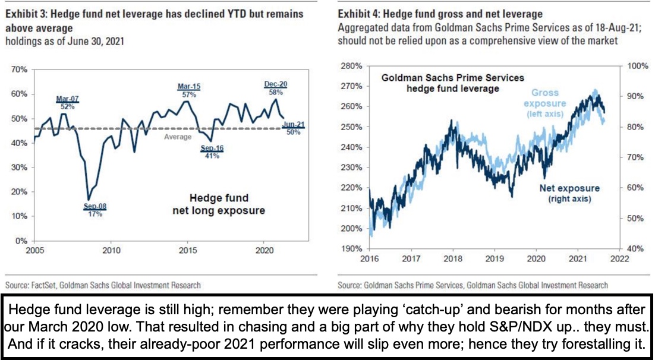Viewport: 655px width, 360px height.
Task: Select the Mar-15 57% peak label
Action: coord(189,90)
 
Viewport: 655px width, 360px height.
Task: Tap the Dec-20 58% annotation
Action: coord(275,88)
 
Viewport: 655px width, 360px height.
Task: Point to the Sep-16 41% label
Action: coord(212,151)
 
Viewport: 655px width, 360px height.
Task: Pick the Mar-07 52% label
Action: coord(67,102)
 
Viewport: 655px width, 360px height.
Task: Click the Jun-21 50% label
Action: coord(293,127)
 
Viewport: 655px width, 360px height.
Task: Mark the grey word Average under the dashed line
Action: coord(178,137)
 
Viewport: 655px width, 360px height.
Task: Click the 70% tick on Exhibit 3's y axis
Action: coord(20,70)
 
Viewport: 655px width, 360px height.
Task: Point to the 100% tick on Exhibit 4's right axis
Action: coord(635,65)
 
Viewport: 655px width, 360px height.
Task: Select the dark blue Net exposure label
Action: coord(569,193)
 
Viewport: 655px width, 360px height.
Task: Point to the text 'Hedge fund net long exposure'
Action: coord(219,204)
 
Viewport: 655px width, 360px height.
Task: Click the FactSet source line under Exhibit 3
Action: coord(103,285)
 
